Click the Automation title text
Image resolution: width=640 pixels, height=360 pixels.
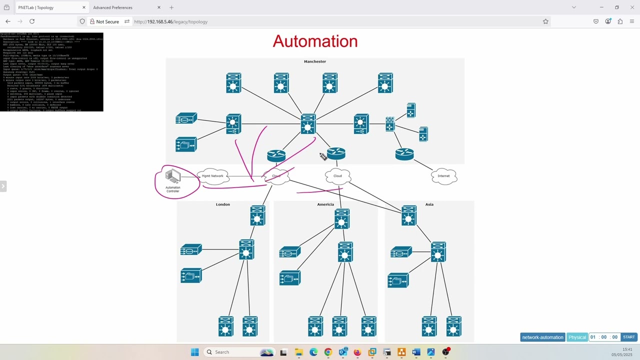pyautogui.click(x=315, y=41)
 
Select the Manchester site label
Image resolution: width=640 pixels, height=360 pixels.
pyautogui.click(x=315, y=61)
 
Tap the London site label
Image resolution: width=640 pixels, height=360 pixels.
pyautogui.click(x=223, y=204)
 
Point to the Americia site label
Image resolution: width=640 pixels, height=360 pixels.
pyautogui.click(x=325, y=204)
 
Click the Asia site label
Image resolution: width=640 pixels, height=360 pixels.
pyautogui.click(x=429, y=204)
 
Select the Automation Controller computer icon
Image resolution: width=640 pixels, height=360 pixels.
pyautogui.click(x=173, y=177)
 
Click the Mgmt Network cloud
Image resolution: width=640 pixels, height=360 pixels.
pyautogui.click(x=213, y=176)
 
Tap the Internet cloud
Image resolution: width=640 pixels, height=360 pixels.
pyautogui.click(x=443, y=176)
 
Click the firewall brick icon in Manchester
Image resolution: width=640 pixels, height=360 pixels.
pyautogui.click(x=390, y=124)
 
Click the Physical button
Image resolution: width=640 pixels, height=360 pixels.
pyautogui.click(x=577, y=337)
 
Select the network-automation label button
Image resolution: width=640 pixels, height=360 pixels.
pyautogui.click(x=542, y=337)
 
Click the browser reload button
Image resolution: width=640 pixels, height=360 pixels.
pyautogui.click(x=32, y=21)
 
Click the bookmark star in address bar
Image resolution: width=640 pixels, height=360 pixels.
pyautogui.click(x=545, y=21)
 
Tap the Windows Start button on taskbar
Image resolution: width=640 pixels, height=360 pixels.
pyautogui.click(x=194, y=352)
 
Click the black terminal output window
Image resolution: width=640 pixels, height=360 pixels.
pyautogui.click(x=51, y=72)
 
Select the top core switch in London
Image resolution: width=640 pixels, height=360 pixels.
pyautogui.click(x=257, y=215)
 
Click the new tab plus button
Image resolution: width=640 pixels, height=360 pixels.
pyautogui.click(x=171, y=7)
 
